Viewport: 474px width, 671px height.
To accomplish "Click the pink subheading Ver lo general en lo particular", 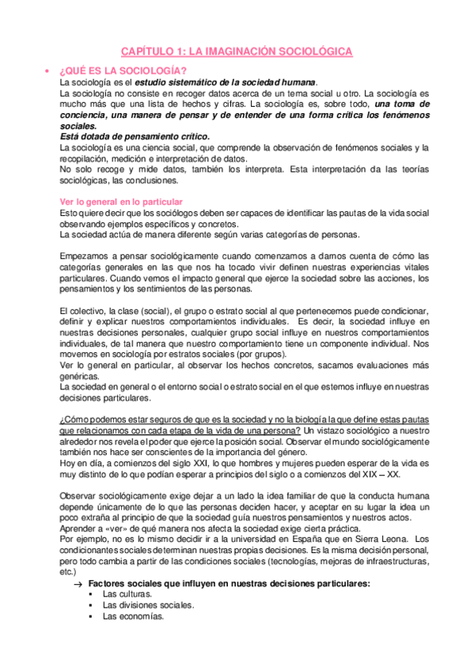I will pos(121,202).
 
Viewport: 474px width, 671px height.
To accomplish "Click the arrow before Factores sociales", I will pos(77,583).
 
